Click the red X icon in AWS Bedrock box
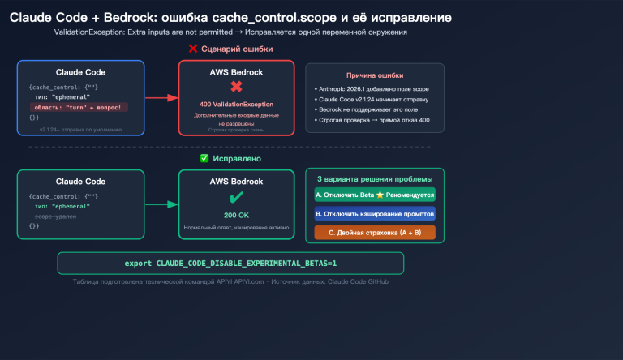coord(236,87)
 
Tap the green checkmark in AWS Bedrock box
coord(236,197)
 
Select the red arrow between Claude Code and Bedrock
coord(161,97)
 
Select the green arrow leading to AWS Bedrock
coord(161,205)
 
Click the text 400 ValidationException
coord(236,105)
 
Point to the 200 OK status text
coord(236,215)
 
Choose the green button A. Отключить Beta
coord(374,195)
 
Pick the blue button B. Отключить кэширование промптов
coord(374,214)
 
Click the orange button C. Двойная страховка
coord(374,233)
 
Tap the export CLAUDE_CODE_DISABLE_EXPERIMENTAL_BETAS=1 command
coord(230,264)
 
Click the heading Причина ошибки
coord(374,75)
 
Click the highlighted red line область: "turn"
coord(79,107)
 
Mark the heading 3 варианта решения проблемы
coord(374,178)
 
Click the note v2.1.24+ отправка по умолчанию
coord(80,129)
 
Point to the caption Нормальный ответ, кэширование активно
coord(236,229)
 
